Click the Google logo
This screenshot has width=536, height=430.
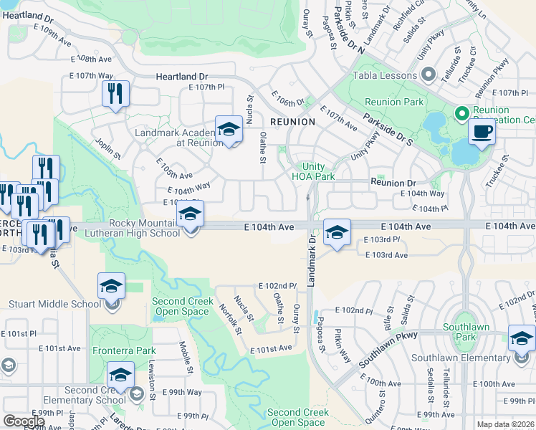pyautogui.click(x=24, y=421)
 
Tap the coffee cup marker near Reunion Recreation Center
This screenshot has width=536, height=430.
pyautogui.click(x=481, y=132)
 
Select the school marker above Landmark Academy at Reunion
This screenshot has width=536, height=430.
pyautogui.click(x=229, y=129)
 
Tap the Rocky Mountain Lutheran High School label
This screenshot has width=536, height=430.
pyautogui.click(x=133, y=228)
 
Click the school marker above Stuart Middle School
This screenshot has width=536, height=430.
pyautogui.click(x=111, y=286)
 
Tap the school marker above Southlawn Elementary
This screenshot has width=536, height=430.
pyautogui.click(x=522, y=338)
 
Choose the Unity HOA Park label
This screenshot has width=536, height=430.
pyautogui.click(x=313, y=171)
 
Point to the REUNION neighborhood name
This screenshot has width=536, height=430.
pyautogui.click(x=292, y=122)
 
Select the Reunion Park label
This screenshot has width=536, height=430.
pyautogui.click(x=394, y=102)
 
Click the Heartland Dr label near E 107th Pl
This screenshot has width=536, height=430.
pyautogui.click(x=183, y=75)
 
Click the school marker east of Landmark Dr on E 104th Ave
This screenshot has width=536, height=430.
pyautogui.click(x=337, y=232)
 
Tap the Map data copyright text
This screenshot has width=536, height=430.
pyautogui.click(x=505, y=424)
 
